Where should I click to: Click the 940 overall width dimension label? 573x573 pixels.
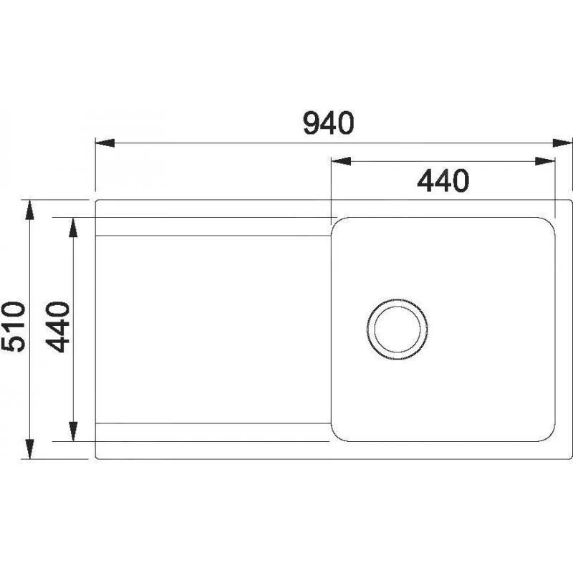click(x=329, y=123)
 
